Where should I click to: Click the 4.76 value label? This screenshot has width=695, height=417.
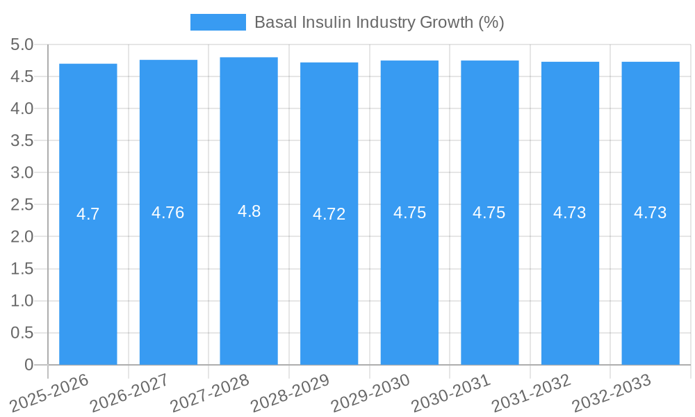[x=168, y=213]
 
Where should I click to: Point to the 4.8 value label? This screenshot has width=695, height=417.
[x=249, y=211]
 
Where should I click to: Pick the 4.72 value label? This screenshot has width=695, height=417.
[x=329, y=214]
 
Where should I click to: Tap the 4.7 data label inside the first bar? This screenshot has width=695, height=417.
[x=88, y=214]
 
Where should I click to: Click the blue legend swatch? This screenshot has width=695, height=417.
[x=218, y=22]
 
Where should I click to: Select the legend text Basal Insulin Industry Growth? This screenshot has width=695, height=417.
[x=379, y=22]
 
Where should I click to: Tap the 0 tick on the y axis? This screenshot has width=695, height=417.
[x=28, y=365]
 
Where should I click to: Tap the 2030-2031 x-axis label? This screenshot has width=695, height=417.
[x=451, y=393]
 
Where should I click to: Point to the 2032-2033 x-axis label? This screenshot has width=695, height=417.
[x=612, y=393]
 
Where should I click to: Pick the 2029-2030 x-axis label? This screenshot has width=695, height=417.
[x=370, y=393]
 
